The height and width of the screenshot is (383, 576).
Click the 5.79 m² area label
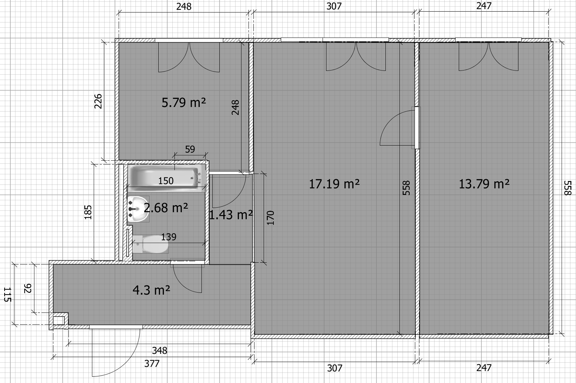point(184,102)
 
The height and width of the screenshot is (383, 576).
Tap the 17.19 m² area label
point(334,184)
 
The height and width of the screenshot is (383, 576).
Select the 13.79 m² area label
point(484,184)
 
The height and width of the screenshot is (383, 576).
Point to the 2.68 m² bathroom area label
point(166,208)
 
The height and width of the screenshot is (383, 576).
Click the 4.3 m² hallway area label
point(151,290)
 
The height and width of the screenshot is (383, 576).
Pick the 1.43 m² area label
point(231,215)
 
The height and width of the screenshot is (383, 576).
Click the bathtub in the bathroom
point(167,178)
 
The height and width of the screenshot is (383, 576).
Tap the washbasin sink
point(138,209)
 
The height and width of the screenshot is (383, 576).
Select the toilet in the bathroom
point(151,244)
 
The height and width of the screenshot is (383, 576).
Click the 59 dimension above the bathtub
point(190,149)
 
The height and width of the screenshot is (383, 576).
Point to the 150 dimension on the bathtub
point(166,181)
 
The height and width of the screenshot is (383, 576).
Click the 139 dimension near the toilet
point(169,237)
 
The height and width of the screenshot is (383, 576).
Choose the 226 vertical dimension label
point(98,101)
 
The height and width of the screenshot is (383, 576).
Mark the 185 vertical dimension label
point(88,212)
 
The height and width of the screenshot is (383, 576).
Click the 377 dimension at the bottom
point(152,363)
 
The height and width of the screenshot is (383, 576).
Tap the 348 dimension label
point(159,350)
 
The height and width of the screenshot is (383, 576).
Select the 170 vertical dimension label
point(271,218)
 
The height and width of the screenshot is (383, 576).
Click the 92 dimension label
point(27,288)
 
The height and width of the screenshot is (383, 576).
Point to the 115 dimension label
point(8,295)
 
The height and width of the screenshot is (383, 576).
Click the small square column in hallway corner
point(59,320)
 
